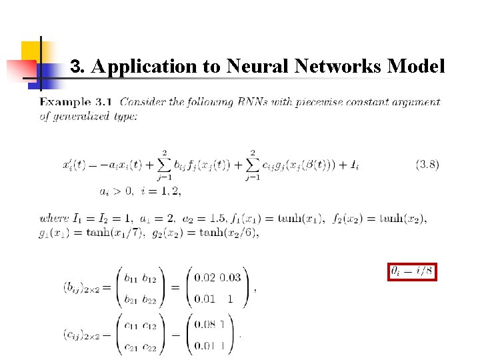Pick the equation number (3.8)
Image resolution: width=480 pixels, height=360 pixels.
coord(427,164)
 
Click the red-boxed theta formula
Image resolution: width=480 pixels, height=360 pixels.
coord(412,272)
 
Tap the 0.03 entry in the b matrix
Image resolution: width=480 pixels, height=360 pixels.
coord(231,278)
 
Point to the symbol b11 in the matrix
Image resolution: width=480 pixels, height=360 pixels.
coord(131,278)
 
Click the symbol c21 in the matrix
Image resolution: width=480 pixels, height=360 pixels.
coord(131,347)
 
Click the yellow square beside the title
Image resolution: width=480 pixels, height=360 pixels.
coord(31,52)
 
